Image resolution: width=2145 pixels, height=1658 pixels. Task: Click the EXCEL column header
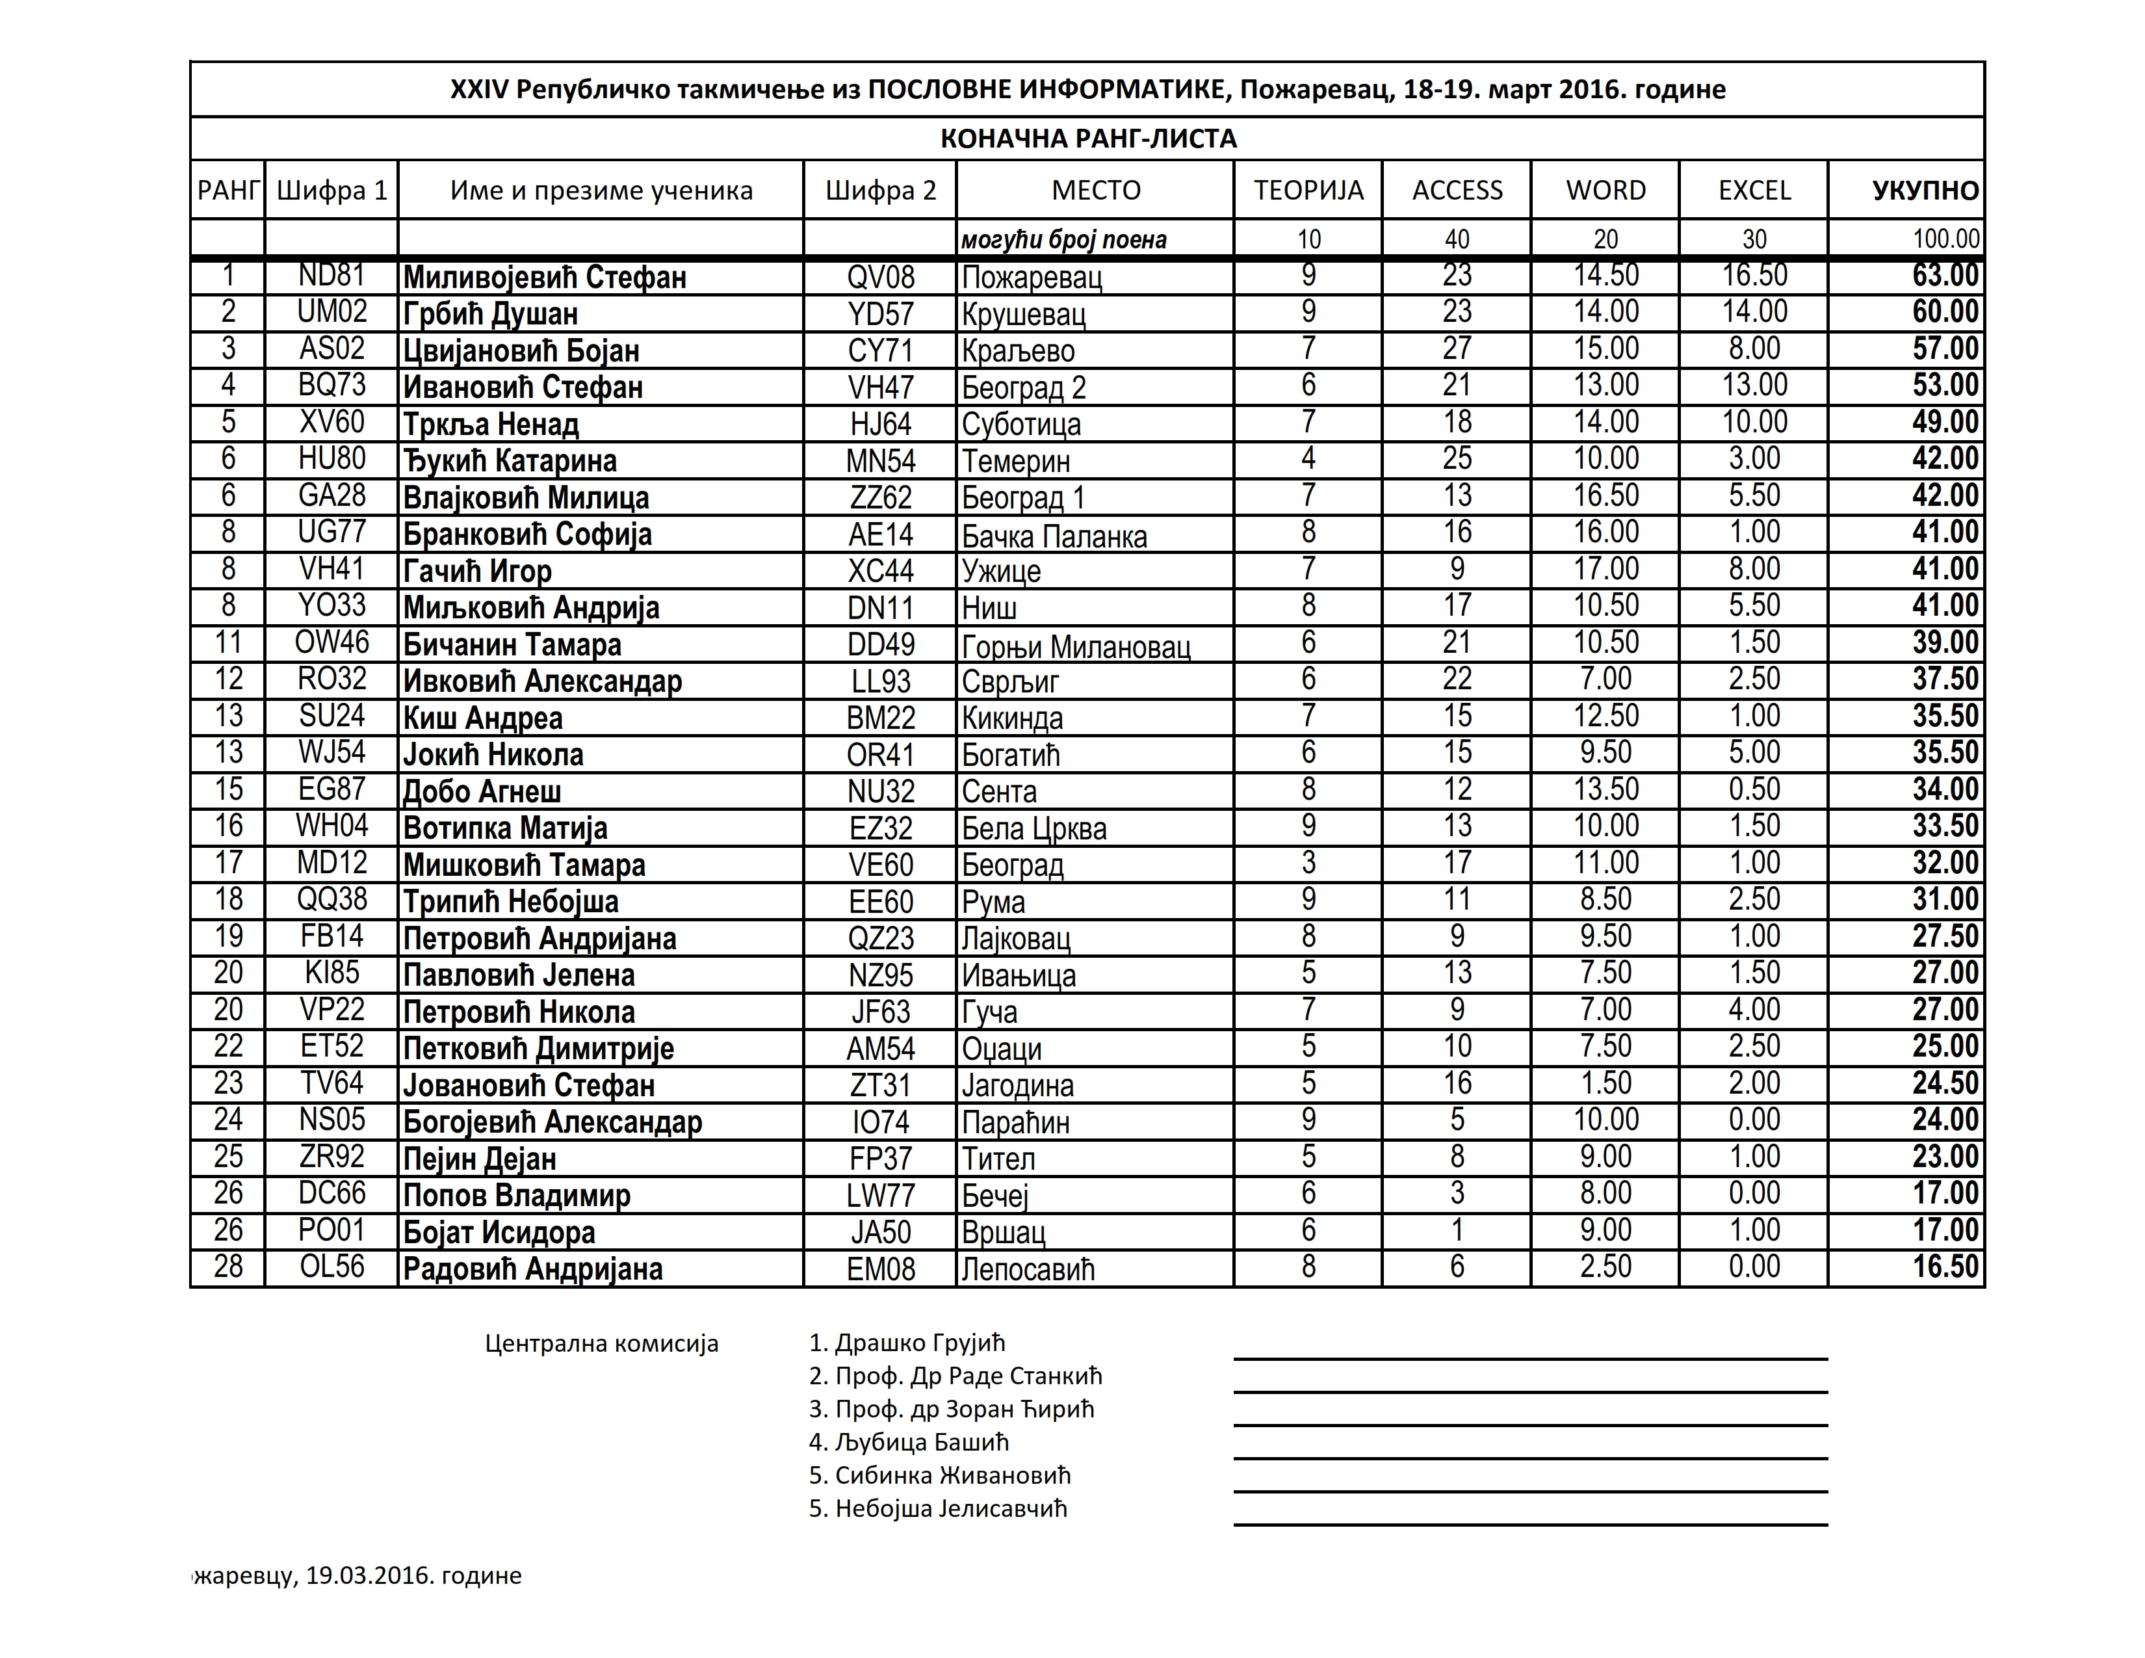[1754, 190]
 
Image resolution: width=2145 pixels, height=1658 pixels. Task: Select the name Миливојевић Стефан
[544, 277]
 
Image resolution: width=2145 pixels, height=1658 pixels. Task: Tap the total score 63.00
[1945, 275]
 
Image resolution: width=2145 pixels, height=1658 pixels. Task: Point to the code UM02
[332, 312]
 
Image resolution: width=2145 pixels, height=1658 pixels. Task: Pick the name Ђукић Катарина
[510, 461]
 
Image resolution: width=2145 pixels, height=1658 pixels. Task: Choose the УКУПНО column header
[1925, 190]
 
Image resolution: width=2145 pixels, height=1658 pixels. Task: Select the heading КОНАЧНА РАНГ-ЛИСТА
[1088, 138]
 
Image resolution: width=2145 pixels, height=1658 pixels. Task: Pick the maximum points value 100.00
[1945, 239]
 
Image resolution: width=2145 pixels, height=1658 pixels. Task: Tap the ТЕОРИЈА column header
[1308, 190]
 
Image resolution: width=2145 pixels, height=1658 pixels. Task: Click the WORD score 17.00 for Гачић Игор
[1605, 569]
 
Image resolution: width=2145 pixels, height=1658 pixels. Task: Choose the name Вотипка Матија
[505, 828]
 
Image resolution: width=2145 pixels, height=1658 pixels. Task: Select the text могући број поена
[1063, 240]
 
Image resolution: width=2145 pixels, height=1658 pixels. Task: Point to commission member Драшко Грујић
[907, 1343]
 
